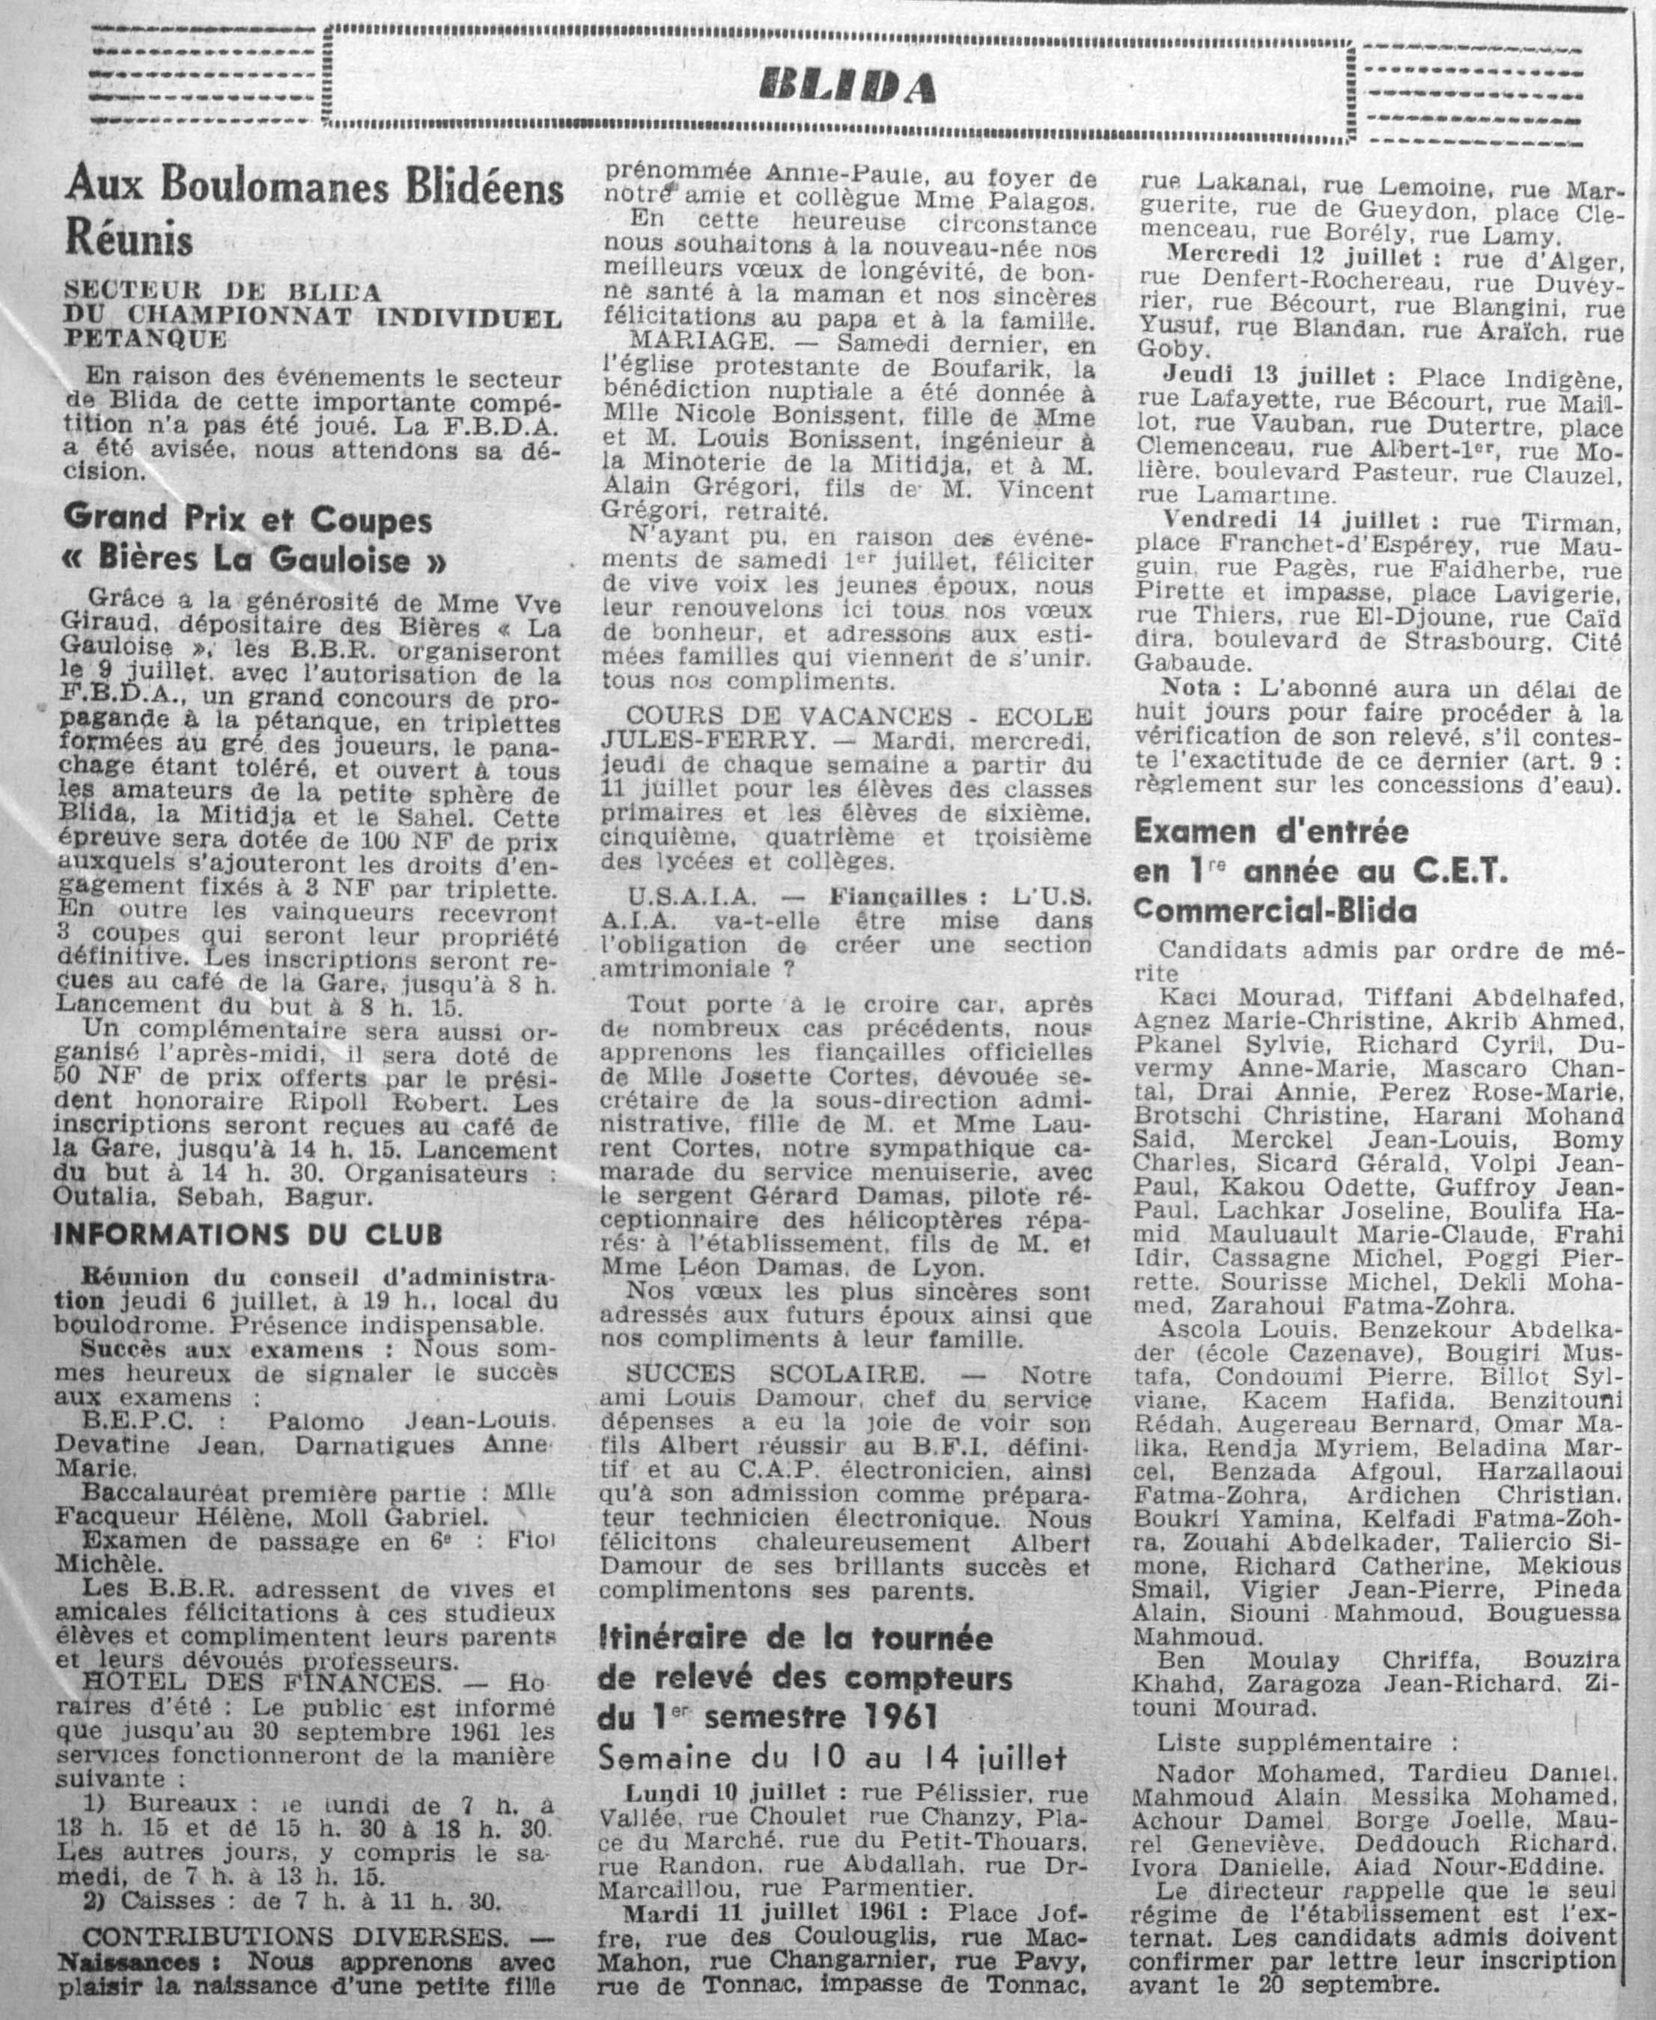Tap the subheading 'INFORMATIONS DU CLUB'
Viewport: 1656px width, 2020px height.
click(247, 1234)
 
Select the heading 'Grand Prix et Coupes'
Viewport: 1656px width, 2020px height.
click(247, 520)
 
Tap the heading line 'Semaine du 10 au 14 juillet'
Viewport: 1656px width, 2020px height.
click(832, 1757)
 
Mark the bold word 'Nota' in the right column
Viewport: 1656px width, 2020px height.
click(1187, 688)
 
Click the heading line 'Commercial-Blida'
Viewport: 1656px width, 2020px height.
click(1274, 911)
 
